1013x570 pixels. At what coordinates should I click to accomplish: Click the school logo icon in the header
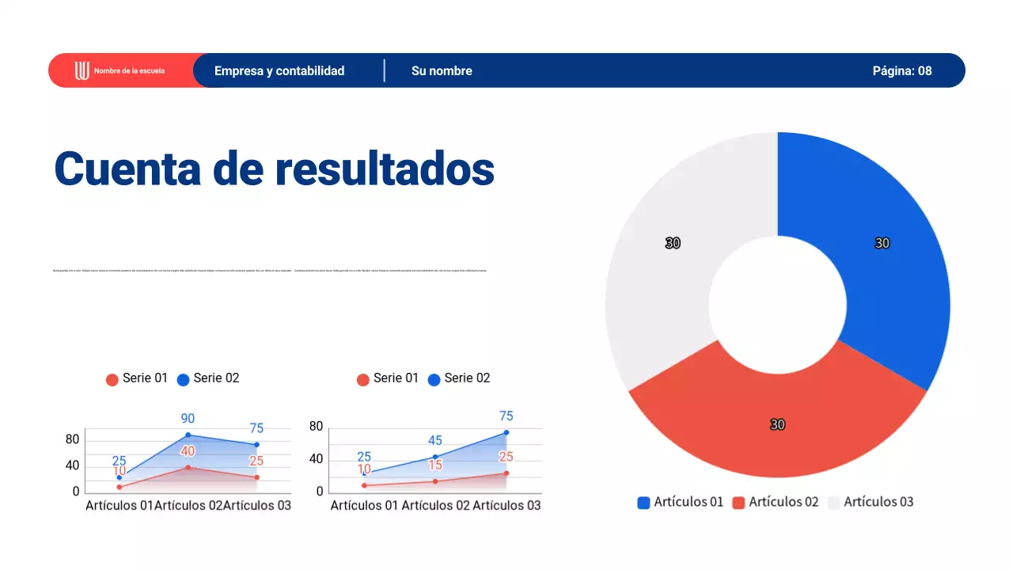pos(82,70)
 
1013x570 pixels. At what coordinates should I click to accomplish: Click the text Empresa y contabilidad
pos(279,70)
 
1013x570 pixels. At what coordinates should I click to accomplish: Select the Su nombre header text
pos(442,70)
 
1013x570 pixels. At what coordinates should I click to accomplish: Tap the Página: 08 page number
pos(902,70)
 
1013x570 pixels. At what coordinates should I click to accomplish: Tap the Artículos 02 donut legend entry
pos(783,502)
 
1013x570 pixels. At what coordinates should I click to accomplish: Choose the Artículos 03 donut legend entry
pos(878,502)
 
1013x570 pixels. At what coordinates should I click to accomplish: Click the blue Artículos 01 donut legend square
pos(644,503)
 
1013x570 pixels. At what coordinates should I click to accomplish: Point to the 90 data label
pos(188,419)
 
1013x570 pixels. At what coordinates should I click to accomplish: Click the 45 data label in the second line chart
pos(435,441)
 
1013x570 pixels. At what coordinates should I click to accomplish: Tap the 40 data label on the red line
pos(188,451)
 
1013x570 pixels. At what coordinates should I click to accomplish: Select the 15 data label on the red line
pos(435,465)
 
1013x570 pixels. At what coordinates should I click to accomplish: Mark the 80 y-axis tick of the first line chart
pos(72,439)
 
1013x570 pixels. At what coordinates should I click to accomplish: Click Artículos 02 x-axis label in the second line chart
pos(435,505)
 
